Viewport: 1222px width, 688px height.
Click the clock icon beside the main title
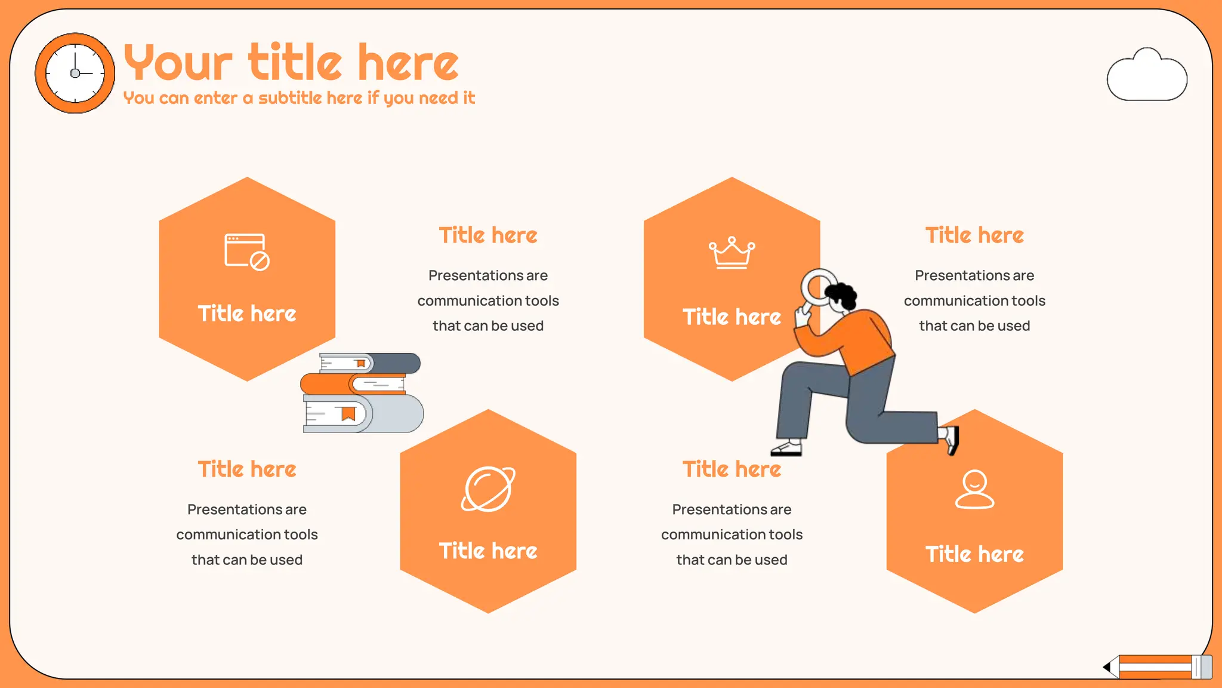75,73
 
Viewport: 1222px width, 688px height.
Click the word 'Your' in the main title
178,63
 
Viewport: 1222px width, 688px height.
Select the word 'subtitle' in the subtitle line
310,97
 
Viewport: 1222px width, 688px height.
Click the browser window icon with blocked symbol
246,251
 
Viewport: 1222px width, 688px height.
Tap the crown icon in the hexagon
732,253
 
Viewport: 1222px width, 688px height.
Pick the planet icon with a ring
488,489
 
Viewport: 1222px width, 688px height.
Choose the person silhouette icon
974,489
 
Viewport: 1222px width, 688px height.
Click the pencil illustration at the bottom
1158,666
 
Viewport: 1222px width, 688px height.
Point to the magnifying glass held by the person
818,287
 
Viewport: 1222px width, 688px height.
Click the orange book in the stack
325,384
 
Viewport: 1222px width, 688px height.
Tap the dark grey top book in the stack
397,363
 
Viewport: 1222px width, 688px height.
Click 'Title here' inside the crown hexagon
732,317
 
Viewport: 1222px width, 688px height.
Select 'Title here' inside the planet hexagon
488,551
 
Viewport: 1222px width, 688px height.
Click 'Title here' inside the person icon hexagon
974,554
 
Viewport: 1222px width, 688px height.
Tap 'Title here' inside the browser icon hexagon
246,314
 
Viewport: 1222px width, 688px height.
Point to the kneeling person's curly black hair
842,293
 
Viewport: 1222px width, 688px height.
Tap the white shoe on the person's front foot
787,448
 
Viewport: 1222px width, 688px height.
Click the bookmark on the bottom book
348,413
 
